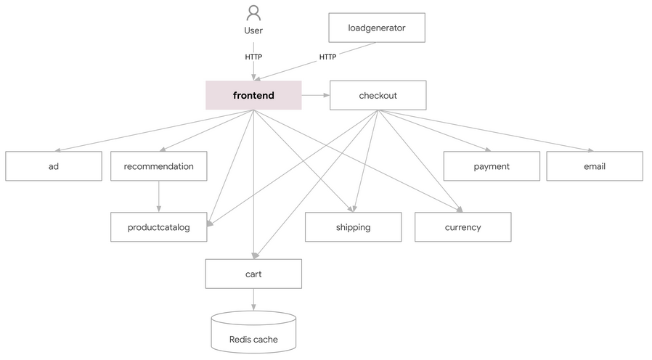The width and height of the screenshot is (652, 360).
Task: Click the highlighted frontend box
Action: (253, 95)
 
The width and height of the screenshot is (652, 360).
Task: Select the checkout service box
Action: (378, 95)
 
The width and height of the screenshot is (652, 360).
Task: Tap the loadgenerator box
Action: (376, 28)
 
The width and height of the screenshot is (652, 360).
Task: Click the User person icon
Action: (253, 13)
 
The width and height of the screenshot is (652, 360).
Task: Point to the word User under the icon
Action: (253, 30)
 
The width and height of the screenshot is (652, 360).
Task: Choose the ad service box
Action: (54, 166)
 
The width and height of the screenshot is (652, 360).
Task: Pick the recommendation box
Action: (158, 166)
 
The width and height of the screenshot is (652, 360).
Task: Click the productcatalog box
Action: (158, 227)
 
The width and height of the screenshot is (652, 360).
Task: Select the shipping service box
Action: (353, 227)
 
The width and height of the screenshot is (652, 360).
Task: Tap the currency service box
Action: (462, 227)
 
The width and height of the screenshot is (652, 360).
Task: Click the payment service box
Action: (492, 166)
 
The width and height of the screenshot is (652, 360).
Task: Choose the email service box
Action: (594, 166)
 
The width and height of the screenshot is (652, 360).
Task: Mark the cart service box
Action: (253, 274)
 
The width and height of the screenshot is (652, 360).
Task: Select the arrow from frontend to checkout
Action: (315, 95)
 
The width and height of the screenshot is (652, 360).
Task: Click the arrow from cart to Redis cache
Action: (253, 299)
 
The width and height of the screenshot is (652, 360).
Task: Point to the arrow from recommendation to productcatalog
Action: (158, 196)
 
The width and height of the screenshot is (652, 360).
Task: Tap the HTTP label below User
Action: (253, 57)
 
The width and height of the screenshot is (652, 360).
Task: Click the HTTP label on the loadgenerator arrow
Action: (327, 57)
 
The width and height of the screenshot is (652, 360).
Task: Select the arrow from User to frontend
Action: (253, 71)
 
